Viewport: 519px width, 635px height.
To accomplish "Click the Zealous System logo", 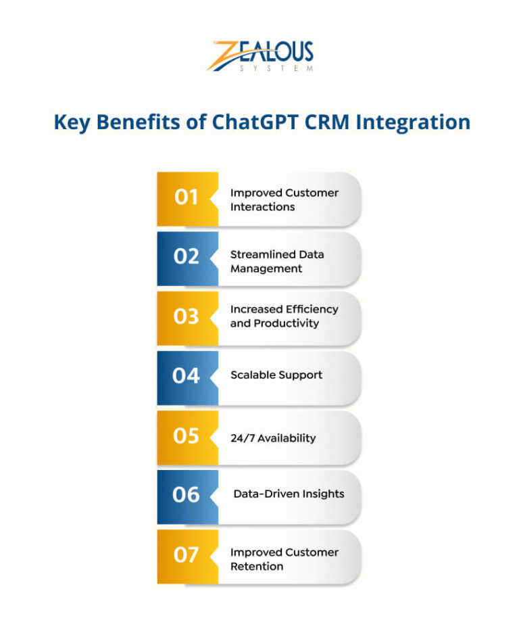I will pos(259,56).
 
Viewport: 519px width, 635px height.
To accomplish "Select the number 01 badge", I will pos(187,198).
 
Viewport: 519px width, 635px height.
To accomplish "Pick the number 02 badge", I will pos(187,258).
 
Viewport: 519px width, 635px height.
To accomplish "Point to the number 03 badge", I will pos(187,316).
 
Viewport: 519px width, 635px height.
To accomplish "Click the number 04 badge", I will pos(187,376).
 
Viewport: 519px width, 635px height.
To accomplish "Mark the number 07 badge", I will pos(187,555).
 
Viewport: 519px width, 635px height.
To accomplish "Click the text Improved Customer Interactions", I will pos(284,199).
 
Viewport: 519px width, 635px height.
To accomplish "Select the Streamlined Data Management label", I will pos(277,261).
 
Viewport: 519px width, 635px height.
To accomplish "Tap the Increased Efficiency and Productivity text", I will pos(284,316).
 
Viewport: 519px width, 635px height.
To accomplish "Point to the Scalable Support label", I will pos(276,375).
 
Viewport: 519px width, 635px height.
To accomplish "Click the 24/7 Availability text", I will pos(272,438).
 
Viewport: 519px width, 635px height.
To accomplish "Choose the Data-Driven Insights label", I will pos(289,494).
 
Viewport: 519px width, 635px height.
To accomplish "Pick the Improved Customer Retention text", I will pos(284,559).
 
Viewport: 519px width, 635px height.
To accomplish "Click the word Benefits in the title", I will pos(132,122).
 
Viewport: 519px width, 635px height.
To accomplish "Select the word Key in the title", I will pos(70,122).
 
